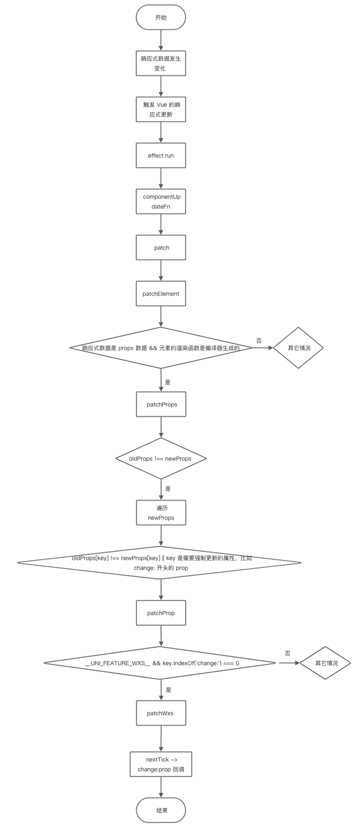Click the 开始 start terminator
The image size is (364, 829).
(x=161, y=18)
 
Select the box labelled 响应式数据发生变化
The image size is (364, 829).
(x=161, y=63)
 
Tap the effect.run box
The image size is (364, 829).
(x=161, y=155)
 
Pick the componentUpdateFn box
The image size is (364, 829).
(x=161, y=201)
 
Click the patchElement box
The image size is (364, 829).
(x=161, y=294)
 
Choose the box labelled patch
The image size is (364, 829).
(x=161, y=248)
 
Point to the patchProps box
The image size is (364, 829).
(x=161, y=404)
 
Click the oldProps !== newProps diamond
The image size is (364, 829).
(x=161, y=458)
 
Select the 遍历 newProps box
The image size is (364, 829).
(x=161, y=513)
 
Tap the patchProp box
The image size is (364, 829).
(x=161, y=613)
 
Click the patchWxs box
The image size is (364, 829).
(x=161, y=713)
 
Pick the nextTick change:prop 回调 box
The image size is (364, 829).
(x=161, y=764)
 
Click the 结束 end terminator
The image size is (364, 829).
(x=161, y=810)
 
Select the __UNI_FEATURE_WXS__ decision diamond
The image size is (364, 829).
(x=161, y=663)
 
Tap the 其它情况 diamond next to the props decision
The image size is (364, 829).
(x=299, y=348)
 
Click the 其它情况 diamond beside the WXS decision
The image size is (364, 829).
(x=326, y=663)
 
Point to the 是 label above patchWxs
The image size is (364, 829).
(x=168, y=690)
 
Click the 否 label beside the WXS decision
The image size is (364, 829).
(x=287, y=653)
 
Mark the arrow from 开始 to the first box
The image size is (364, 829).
(x=161, y=40)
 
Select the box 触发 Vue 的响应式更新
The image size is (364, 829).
(x=161, y=109)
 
